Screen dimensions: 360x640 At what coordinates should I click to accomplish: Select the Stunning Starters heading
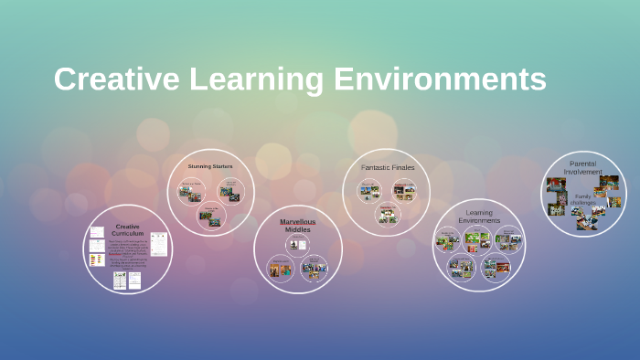pyautogui.click(x=210, y=166)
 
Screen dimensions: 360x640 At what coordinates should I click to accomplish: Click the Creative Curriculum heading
pyautogui.click(x=127, y=229)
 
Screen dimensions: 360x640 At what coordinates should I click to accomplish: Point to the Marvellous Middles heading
pyautogui.click(x=297, y=225)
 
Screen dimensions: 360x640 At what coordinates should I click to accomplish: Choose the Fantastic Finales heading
pyautogui.click(x=388, y=167)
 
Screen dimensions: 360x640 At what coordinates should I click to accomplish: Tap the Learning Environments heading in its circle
pyautogui.click(x=478, y=217)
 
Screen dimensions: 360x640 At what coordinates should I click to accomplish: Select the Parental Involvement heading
pyautogui.click(x=582, y=167)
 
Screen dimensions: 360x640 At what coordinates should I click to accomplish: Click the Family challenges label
pyautogui.click(x=582, y=199)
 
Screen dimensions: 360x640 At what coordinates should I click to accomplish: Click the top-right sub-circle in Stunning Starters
pyautogui.click(x=231, y=187)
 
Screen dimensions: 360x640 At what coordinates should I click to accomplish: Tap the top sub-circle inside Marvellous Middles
pyautogui.click(x=297, y=244)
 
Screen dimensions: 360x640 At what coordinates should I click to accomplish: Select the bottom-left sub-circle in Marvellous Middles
pyautogui.click(x=280, y=268)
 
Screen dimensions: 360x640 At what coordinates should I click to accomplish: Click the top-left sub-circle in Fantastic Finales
pyautogui.click(x=369, y=191)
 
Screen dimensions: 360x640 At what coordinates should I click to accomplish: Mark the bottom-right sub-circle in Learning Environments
pyautogui.click(x=495, y=268)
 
